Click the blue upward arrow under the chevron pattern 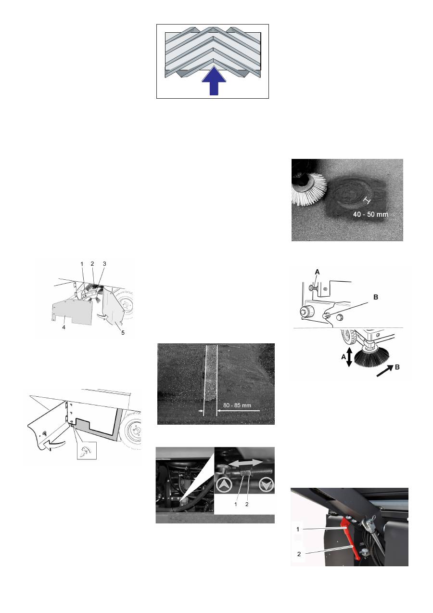pyautogui.click(x=212, y=82)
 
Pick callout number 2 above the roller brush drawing pyautogui.click(x=92, y=263)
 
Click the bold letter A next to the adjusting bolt pyautogui.click(x=317, y=272)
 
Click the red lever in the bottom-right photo pyautogui.click(x=350, y=539)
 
